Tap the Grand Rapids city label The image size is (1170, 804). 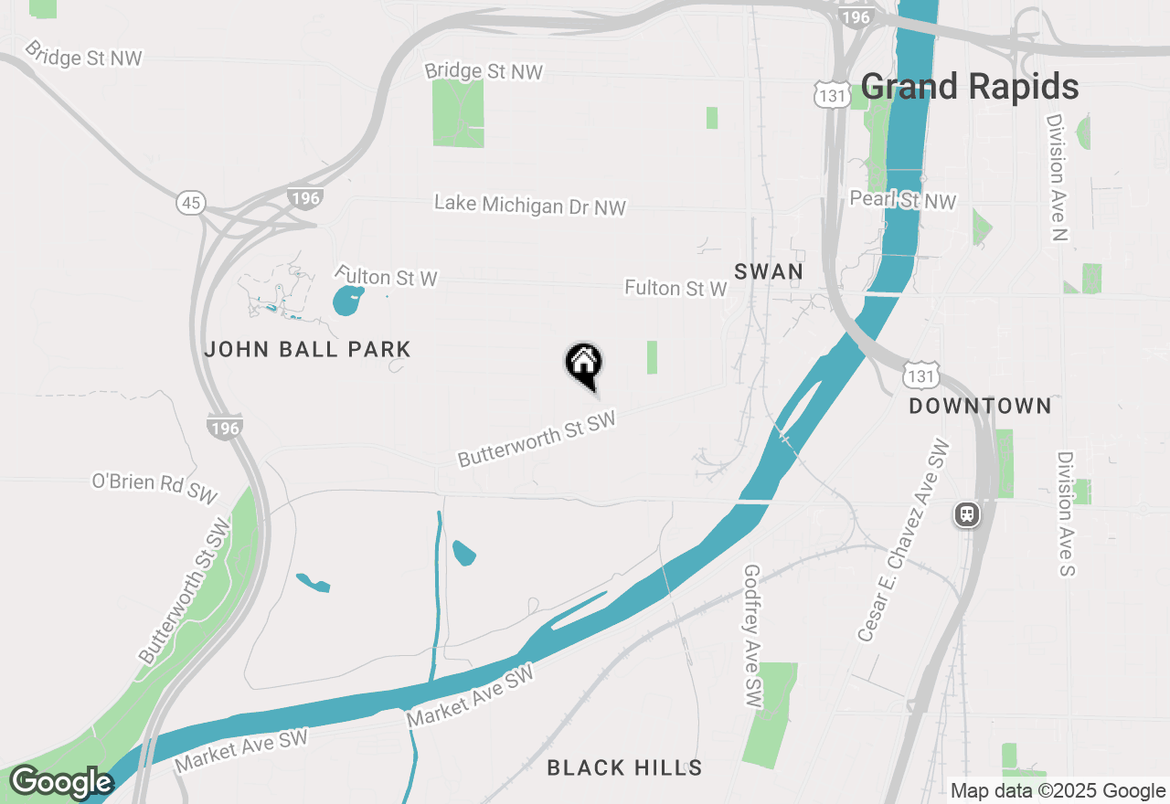coord(969,88)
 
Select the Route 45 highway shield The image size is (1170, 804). coord(192,203)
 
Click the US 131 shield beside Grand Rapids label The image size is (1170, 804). coord(833,94)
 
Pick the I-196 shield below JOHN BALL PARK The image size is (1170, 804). coord(225,428)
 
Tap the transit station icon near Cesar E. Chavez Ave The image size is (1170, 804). coord(966,515)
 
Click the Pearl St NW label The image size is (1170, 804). coord(902,200)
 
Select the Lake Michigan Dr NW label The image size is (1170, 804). coord(530,205)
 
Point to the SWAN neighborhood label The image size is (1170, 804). coord(769,271)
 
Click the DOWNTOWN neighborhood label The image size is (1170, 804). coord(980,406)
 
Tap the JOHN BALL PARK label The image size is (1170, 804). coord(307,349)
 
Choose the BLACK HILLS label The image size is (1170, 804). coord(624,768)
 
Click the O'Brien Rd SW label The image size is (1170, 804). coord(154,486)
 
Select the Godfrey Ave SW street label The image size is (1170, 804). coord(753,636)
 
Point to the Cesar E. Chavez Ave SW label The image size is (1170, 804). coord(904,541)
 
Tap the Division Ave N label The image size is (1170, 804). coord(1058,177)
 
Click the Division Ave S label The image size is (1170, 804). coord(1067,513)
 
